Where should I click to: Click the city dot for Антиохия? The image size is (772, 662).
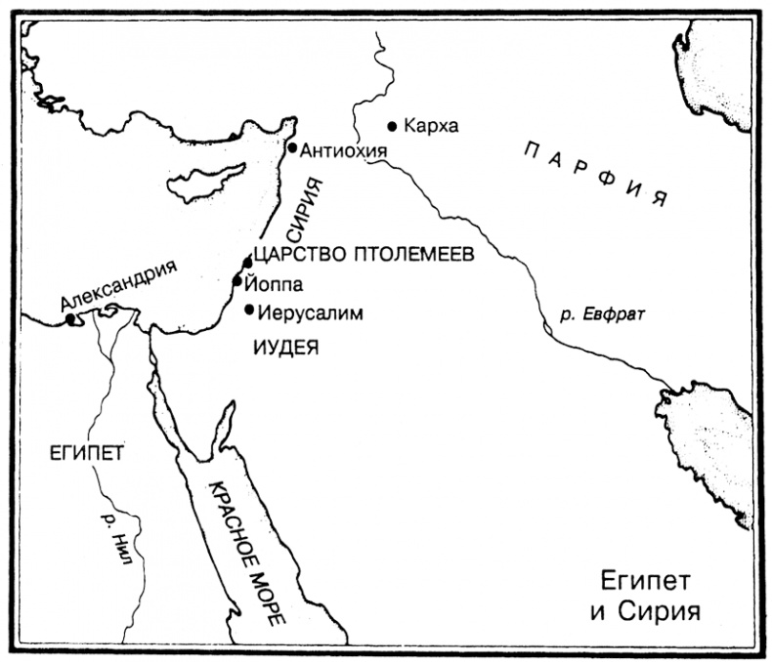coord(292,147)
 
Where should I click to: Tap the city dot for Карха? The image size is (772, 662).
coord(393,126)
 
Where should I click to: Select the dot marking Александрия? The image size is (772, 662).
coord(70,318)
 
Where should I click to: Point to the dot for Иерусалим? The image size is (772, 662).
coord(249,310)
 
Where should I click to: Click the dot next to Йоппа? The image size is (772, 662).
coord(237,281)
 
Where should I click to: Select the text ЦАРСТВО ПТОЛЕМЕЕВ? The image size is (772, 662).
coord(363,254)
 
